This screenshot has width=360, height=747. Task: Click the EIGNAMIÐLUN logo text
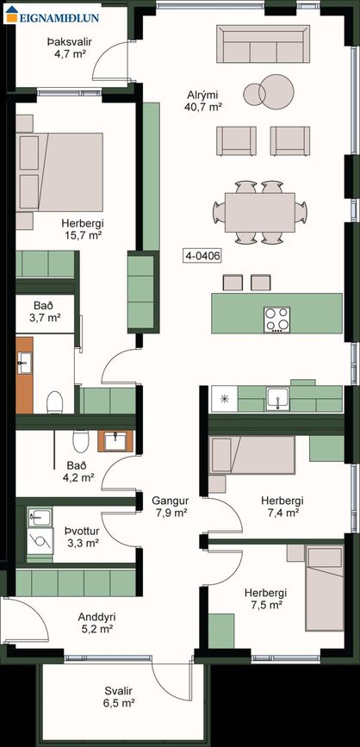click(59, 18)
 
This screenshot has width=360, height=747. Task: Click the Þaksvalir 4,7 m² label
click(70, 48)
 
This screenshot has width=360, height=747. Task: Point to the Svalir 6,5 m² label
click(119, 696)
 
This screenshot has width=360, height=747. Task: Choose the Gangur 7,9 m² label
click(170, 507)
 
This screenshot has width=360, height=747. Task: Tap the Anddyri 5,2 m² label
click(96, 623)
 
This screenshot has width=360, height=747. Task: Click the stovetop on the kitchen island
click(277, 319)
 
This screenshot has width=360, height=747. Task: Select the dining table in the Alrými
click(260, 212)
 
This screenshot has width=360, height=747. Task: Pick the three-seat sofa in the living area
click(263, 44)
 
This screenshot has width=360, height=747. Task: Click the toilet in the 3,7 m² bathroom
click(55, 402)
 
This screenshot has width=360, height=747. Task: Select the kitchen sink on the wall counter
click(277, 399)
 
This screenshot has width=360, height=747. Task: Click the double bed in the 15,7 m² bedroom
click(59, 171)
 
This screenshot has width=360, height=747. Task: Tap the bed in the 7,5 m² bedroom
click(325, 588)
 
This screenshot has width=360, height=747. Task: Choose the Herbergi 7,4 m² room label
click(282, 507)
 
